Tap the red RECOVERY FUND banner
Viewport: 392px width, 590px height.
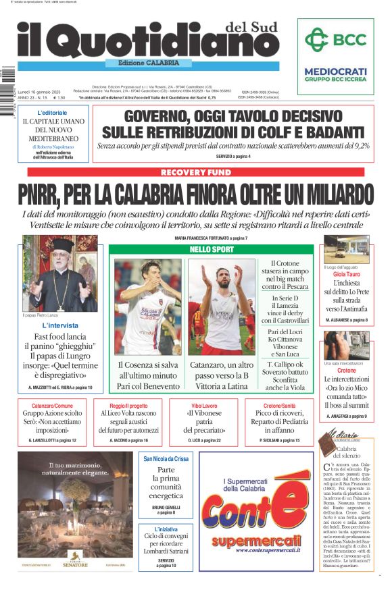196,173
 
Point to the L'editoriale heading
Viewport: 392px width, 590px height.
52,112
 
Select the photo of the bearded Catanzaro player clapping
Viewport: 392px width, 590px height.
220,306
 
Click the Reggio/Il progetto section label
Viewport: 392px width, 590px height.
129,406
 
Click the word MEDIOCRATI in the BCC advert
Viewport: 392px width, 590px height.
335,71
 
